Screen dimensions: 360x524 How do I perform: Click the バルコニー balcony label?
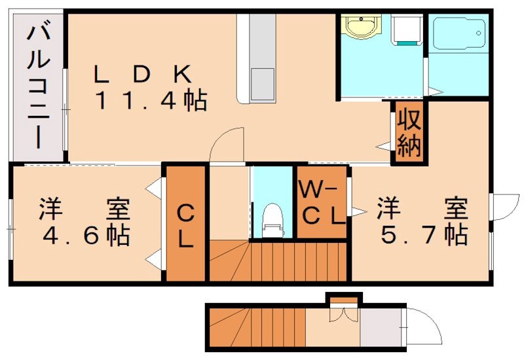35,85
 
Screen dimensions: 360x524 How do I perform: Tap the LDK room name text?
141,73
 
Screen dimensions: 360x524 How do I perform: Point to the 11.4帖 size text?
151,101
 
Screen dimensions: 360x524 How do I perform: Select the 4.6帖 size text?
85,234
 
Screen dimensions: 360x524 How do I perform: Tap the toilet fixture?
271,219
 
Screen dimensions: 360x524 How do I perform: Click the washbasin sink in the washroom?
359,27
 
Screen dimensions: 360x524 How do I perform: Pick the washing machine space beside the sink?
406,29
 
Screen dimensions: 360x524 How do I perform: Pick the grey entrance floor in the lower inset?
380,327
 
